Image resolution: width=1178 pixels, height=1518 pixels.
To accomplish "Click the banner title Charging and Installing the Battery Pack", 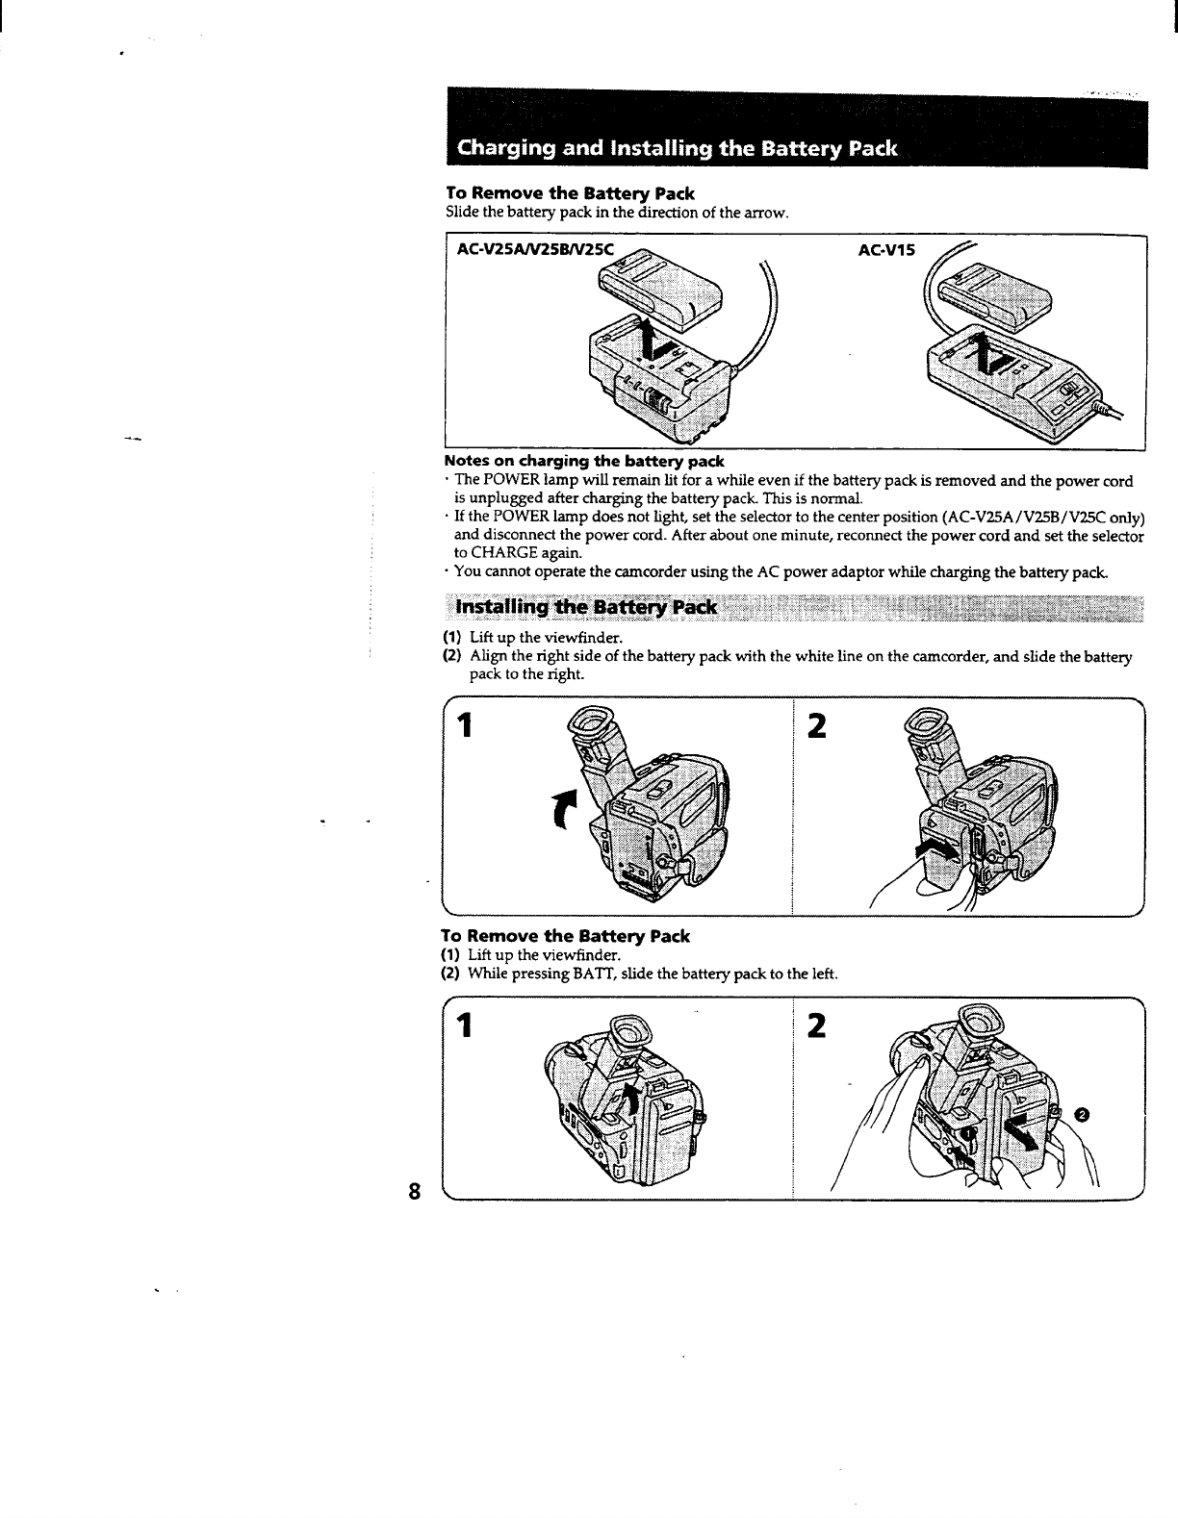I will pyautogui.click(x=678, y=148).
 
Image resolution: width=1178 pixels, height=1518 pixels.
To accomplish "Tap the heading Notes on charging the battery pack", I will pyautogui.click(x=584, y=462).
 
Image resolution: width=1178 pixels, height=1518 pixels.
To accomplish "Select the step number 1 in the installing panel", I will pyautogui.click(x=467, y=726).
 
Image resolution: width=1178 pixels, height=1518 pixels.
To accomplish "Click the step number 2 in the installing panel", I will pyautogui.click(x=817, y=726).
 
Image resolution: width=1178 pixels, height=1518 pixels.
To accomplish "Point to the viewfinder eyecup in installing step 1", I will pyautogui.click(x=586, y=721).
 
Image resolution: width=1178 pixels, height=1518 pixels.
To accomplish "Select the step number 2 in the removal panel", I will pyautogui.click(x=817, y=1027).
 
